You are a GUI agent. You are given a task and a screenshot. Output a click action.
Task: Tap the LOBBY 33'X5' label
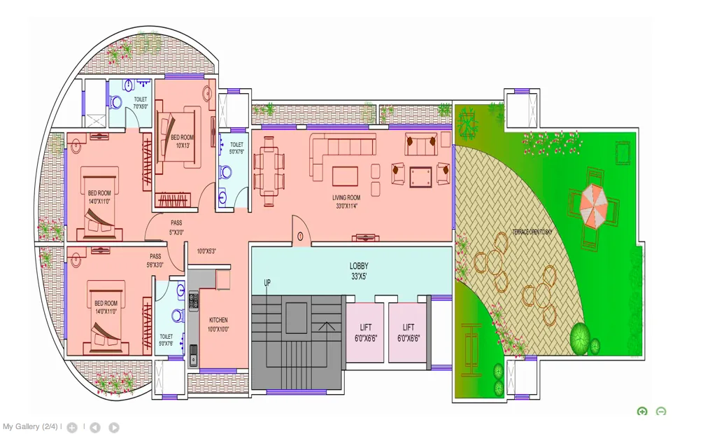pyautogui.click(x=359, y=271)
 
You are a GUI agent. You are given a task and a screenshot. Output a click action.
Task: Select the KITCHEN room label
pyautogui.click(x=218, y=325)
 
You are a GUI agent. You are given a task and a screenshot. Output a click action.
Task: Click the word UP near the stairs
pyautogui.click(x=267, y=283)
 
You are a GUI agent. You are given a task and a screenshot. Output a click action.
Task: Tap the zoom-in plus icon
pyautogui.click(x=642, y=412)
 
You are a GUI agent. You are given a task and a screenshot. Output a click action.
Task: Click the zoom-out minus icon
pyautogui.click(x=661, y=412)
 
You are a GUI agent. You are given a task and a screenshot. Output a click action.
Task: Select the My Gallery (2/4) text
pyautogui.click(x=30, y=426)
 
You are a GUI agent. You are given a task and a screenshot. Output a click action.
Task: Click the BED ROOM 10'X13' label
pyautogui.click(x=180, y=141)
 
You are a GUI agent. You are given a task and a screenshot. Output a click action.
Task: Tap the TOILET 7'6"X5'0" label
pyautogui.click(x=141, y=104)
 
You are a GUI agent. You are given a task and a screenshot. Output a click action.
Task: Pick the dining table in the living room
pyautogui.click(x=269, y=171)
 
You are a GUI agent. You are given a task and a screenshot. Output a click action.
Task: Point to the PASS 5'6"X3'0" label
pyautogui.click(x=155, y=260)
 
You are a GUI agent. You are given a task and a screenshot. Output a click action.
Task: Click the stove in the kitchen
pyautogui.click(x=194, y=300)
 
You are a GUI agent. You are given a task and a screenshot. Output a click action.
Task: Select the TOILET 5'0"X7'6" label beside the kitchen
pyautogui.click(x=166, y=339)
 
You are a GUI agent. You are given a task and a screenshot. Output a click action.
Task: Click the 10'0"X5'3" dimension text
pyautogui.click(x=206, y=251)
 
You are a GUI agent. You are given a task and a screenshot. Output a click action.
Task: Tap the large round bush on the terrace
pyautogui.click(x=580, y=339)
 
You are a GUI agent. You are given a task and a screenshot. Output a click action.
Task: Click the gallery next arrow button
pyautogui.click(x=113, y=427)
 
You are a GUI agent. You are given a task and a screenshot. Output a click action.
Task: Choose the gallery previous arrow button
pyautogui.click(x=94, y=427)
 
